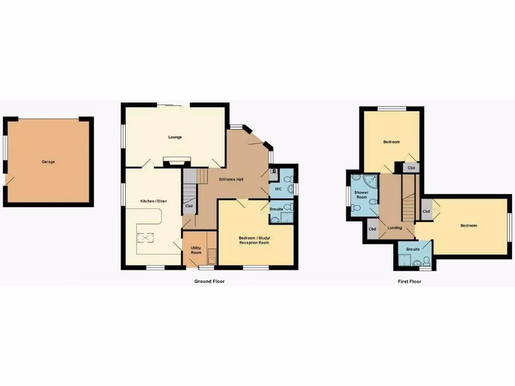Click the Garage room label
click(48, 162)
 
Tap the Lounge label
click(175, 137)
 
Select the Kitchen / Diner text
click(153, 201)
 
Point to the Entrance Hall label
click(231, 179)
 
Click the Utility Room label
click(196, 250)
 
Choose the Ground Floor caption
click(209, 281)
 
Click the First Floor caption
click(409, 281)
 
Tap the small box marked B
click(274, 171)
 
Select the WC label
click(278, 189)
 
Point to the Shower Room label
click(361, 195)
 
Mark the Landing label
click(394, 228)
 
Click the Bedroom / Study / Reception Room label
click(254, 240)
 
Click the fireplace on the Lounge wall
click(177, 160)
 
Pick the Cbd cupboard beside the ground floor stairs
click(189, 206)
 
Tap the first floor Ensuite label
click(413, 249)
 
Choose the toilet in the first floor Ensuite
click(426, 260)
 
